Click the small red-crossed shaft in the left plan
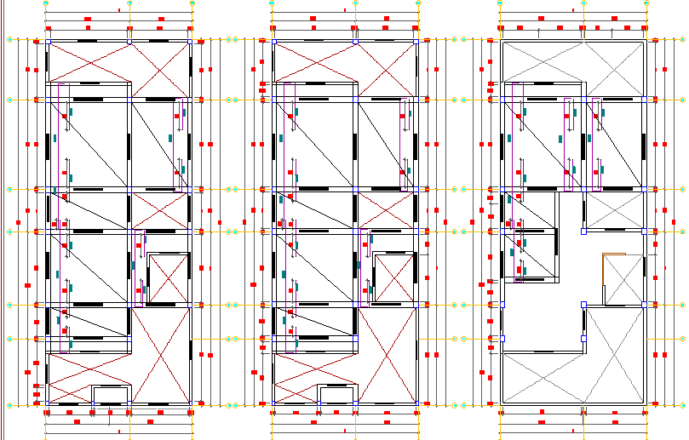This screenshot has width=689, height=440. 168,278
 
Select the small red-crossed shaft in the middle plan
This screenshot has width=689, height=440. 394,278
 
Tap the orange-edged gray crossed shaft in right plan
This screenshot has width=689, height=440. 623,278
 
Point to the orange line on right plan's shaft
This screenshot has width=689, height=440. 603,278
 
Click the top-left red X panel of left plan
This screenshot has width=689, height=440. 88,62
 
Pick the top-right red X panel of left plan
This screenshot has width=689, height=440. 160,62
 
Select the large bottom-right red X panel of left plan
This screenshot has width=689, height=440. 160,355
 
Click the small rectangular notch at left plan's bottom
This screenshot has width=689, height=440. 110,394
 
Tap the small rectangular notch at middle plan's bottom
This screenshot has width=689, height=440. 336,394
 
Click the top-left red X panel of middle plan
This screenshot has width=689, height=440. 314,62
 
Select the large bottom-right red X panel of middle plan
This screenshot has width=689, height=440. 386,355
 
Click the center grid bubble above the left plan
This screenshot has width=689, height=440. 129,3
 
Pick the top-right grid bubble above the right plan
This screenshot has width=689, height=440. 645,3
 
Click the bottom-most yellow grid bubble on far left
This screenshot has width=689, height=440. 10,404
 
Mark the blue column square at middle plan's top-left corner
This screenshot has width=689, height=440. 273,41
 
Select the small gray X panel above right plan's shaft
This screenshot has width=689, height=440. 614,209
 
